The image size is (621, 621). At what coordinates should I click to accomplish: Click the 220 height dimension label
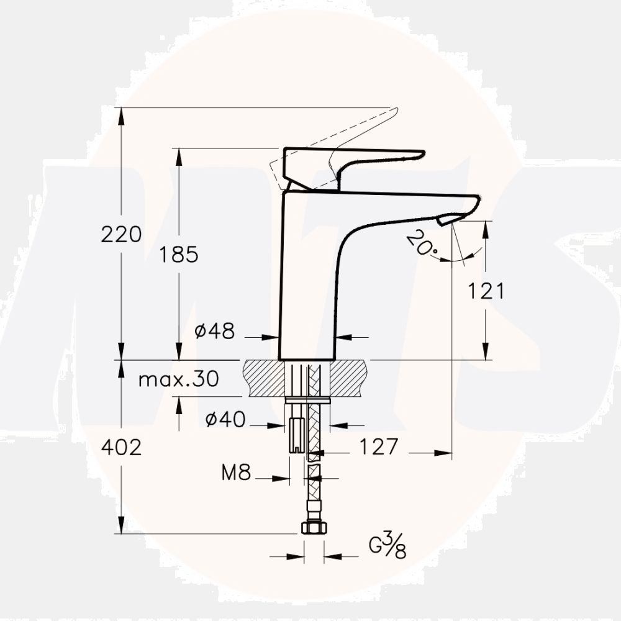click(x=122, y=235)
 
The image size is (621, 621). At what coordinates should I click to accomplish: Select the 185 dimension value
click(x=179, y=254)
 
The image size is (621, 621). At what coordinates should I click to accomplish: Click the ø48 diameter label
click(x=215, y=332)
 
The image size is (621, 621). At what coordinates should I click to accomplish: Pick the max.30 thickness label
click(x=178, y=379)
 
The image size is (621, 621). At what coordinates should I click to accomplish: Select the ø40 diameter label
click(x=225, y=420)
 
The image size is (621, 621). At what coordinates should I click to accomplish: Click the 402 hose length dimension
click(x=122, y=447)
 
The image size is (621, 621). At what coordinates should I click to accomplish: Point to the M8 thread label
click(x=236, y=474)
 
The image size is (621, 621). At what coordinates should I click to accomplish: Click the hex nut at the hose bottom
click(x=314, y=527)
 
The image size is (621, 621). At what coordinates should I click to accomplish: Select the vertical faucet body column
click(x=307, y=279)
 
